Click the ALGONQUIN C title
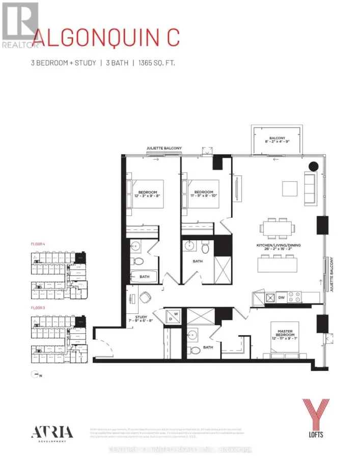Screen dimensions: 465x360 pyautogui.click(x=106, y=38)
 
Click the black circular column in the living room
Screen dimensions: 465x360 pyautogui.click(x=313, y=165)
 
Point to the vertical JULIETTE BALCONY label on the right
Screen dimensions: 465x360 pyautogui.click(x=331, y=274)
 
